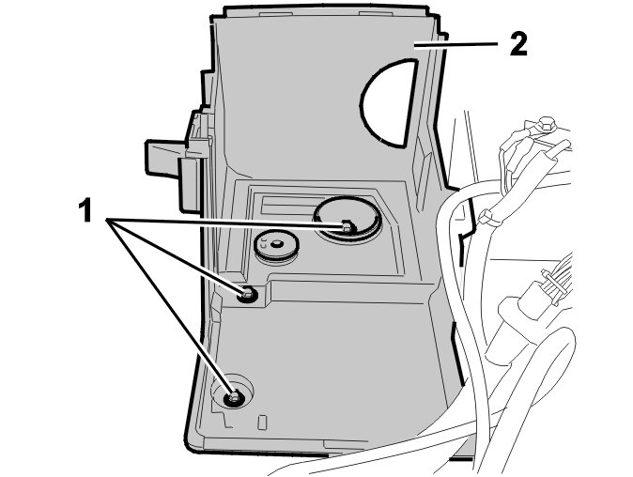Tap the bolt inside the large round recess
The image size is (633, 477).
coord(346,226)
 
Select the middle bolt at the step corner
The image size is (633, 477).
coord(247,296)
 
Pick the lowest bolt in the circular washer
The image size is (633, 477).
coord(232,398)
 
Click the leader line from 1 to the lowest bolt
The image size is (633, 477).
coord(169,311)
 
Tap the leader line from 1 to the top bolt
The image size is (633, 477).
coord(225,223)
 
